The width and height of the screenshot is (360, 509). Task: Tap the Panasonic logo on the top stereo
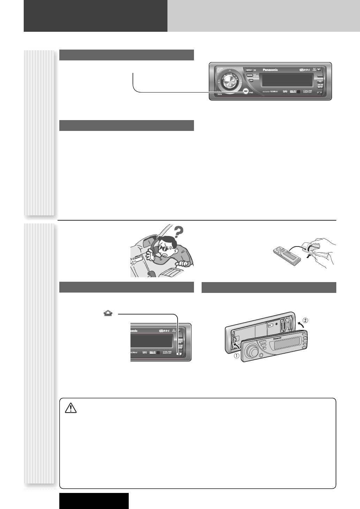[268, 69]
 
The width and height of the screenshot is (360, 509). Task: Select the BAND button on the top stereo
[250, 75]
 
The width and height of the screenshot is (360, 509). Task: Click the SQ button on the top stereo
[319, 81]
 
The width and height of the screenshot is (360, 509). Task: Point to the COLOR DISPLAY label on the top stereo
[307, 91]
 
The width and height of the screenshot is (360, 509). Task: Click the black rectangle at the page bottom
[94, 501]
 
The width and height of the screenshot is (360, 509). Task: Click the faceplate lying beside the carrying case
[287, 254]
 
